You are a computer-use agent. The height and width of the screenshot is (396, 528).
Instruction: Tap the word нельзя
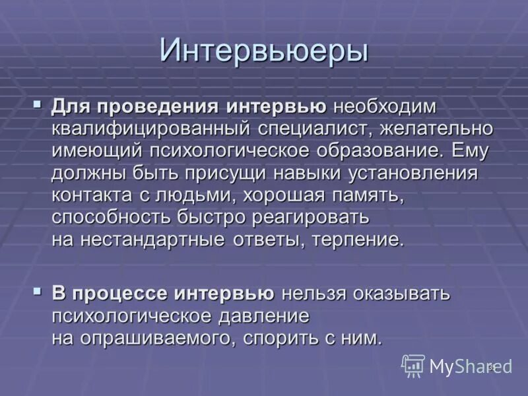(x=315, y=294)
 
